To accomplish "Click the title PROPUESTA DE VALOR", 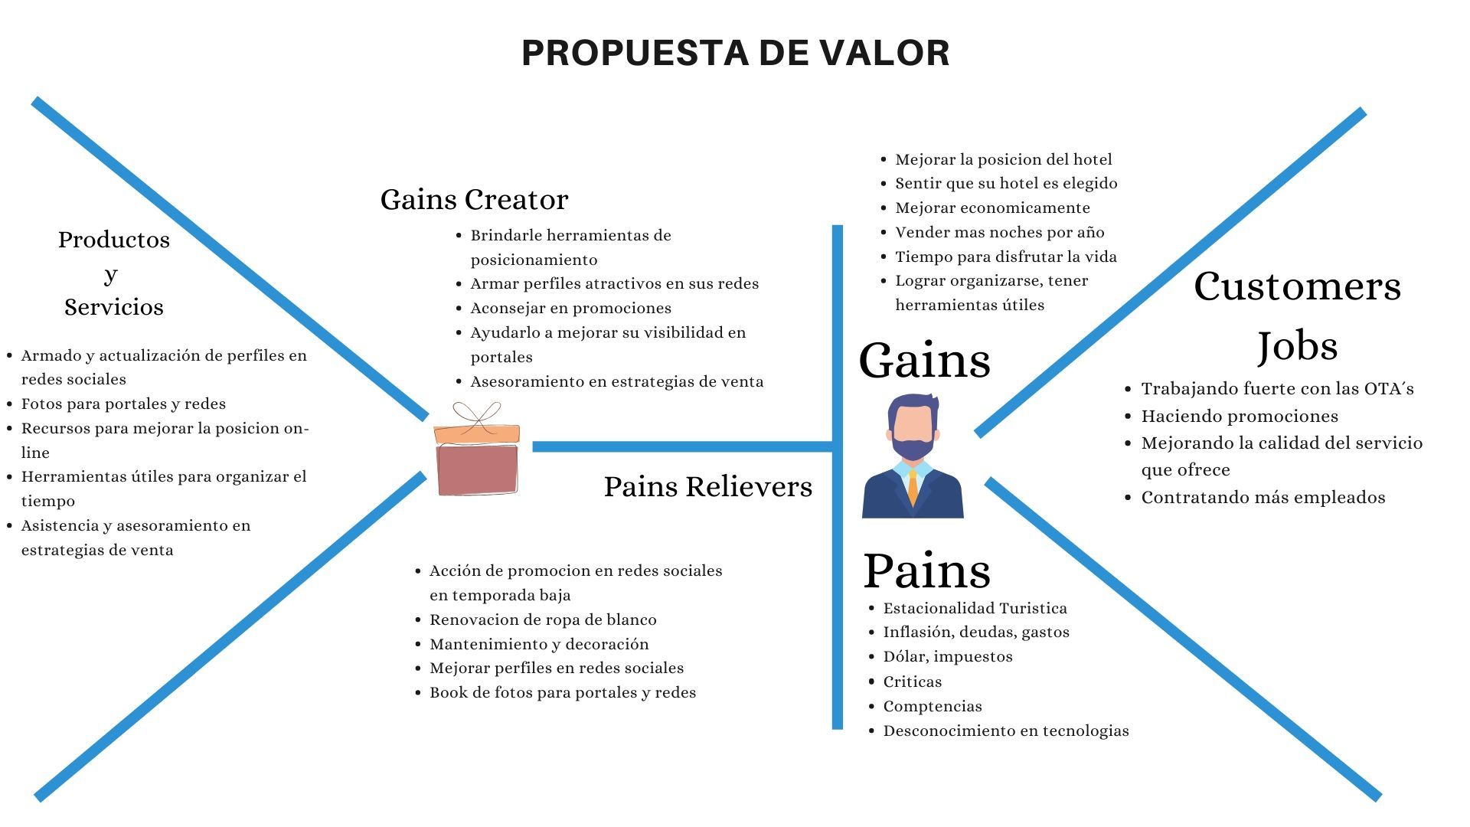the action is click(735, 53).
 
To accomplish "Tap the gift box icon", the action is click(476, 449).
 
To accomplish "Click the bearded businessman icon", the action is click(913, 456).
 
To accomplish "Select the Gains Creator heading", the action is click(474, 200).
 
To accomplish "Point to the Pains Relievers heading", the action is click(707, 486).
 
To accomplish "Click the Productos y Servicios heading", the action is click(113, 273).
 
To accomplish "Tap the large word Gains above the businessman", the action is click(924, 360).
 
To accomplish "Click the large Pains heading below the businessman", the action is click(926, 570).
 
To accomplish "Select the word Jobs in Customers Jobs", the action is click(1297, 346).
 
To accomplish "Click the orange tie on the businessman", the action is click(913, 489).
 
